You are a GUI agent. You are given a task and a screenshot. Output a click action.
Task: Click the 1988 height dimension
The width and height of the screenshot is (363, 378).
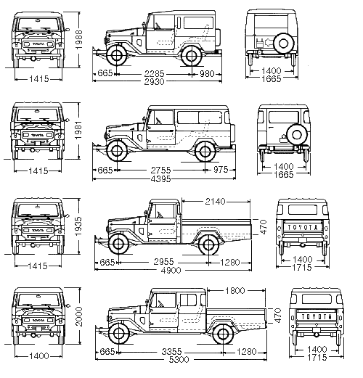[79, 40]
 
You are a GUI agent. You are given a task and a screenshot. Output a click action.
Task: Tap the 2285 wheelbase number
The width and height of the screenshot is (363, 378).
[154, 73]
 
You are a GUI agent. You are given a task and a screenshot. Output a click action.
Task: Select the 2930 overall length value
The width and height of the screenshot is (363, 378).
[154, 82]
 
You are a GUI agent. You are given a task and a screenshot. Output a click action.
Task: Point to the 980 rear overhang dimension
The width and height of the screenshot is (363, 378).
[207, 73]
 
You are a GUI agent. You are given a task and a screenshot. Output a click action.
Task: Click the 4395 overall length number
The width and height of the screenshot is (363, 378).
[160, 179]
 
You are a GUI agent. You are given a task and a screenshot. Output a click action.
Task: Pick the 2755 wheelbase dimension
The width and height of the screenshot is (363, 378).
[160, 170]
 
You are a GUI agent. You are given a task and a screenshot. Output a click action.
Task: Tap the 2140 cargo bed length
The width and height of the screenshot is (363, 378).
[215, 201]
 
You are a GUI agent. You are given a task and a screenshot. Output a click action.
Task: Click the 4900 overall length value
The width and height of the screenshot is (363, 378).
[171, 270]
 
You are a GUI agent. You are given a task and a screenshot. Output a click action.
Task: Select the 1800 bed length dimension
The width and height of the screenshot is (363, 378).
[235, 290]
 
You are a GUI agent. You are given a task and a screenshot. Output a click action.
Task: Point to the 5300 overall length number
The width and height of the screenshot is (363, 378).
[179, 359]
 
